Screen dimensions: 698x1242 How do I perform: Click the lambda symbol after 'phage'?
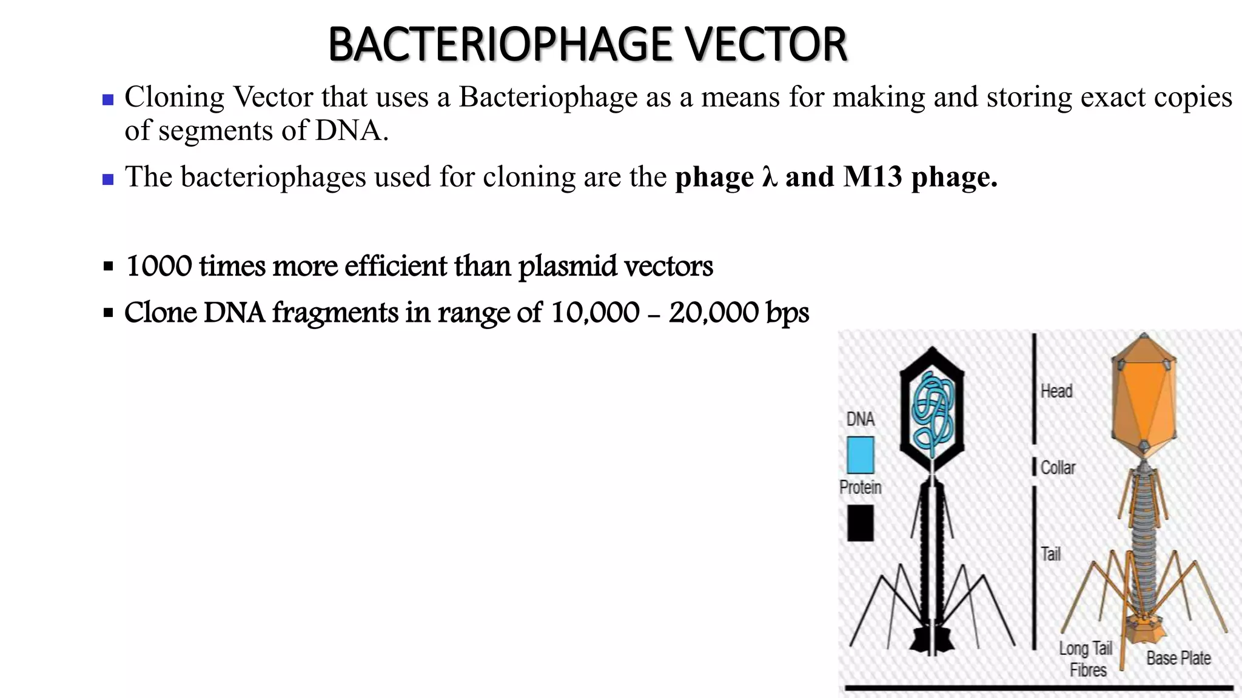pos(770,177)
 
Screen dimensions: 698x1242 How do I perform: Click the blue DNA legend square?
pos(860,455)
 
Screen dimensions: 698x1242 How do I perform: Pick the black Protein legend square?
pos(860,522)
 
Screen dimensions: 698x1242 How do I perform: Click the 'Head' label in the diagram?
pos(1056,391)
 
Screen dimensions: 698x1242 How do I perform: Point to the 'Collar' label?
pos(1058,468)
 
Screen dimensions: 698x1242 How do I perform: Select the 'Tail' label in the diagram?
pos(1051,554)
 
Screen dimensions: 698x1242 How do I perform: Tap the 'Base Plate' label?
pos(1178,658)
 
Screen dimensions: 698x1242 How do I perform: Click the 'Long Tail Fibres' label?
pos(1086,659)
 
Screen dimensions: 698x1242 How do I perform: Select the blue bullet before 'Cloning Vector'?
pos(109,100)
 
